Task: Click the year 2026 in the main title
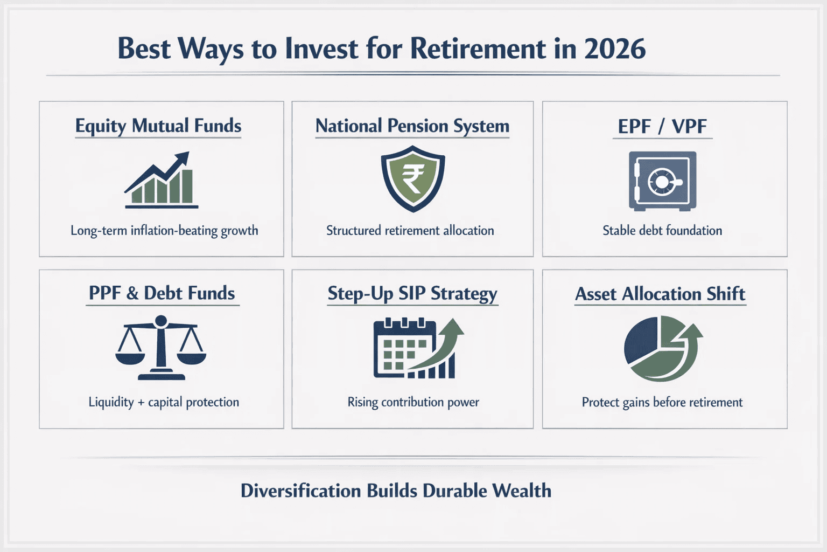[614, 49]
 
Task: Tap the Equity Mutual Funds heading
[158, 126]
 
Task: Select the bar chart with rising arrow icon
[161, 181]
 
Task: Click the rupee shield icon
[413, 179]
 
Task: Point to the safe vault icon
[662, 181]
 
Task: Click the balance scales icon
[161, 348]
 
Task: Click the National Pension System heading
[412, 126]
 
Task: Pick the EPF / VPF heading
[662, 126]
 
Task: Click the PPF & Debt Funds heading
[162, 293]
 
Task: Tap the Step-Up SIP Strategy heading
[412, 294]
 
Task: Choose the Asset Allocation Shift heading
[660, 294]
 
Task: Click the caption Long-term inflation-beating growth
[164, 231]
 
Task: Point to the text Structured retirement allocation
[410, 231]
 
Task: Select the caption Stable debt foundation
[662, 231]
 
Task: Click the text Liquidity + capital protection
[164, 402]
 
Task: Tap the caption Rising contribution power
[413, 402]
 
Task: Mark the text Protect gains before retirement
[662, 402]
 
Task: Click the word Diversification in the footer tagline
[300, 491]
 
